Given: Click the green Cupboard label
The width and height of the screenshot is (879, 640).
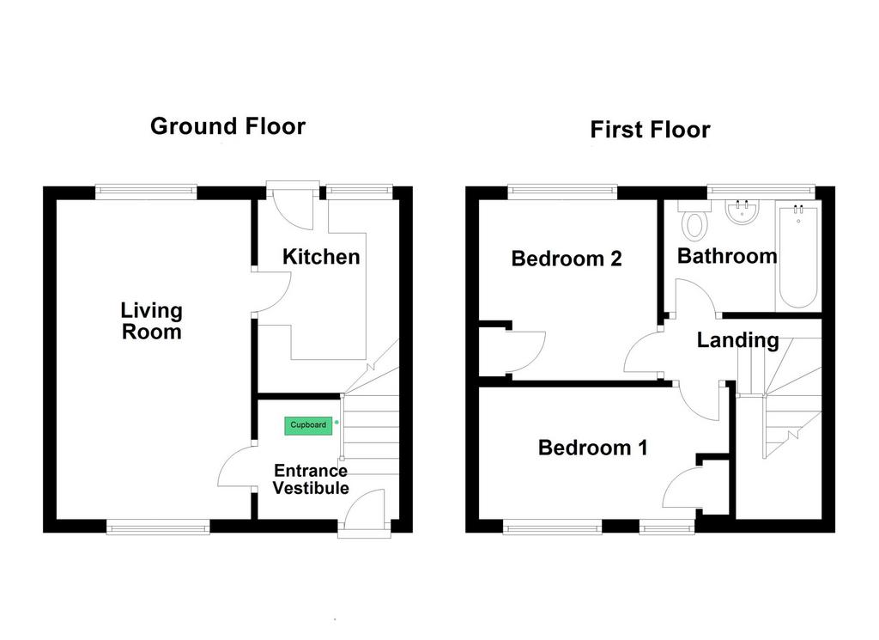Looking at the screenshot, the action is (x=308, y=425).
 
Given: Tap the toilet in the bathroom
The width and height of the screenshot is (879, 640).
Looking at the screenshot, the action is (x=694, y=220).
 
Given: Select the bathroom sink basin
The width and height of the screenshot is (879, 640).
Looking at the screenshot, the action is (x=743, y=212).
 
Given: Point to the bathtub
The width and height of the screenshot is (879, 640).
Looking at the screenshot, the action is (x=798, y=254).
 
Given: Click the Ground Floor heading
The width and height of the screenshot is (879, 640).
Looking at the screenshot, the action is (x=227, y=126).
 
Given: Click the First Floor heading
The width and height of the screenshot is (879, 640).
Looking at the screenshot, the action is (x=651, y=130).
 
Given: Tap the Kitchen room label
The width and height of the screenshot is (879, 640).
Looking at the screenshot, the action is (x=321, y=257).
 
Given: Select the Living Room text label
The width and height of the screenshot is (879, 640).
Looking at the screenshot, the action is (x=151, y=320).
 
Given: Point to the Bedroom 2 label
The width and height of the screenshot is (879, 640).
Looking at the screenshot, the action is (x=567, y=259).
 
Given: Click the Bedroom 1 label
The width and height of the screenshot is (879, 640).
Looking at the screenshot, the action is (x=592, y=448).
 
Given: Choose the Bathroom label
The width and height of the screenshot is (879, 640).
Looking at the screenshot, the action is (x=727, y=256).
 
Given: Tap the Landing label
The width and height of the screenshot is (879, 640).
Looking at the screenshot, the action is (x=737, y=340).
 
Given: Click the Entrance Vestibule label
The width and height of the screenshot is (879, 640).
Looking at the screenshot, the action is (x=311, y=479).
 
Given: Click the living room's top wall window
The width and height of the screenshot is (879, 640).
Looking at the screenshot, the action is (x=146, y=192).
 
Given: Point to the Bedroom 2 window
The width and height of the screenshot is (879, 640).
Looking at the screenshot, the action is (x=562, y=192).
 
